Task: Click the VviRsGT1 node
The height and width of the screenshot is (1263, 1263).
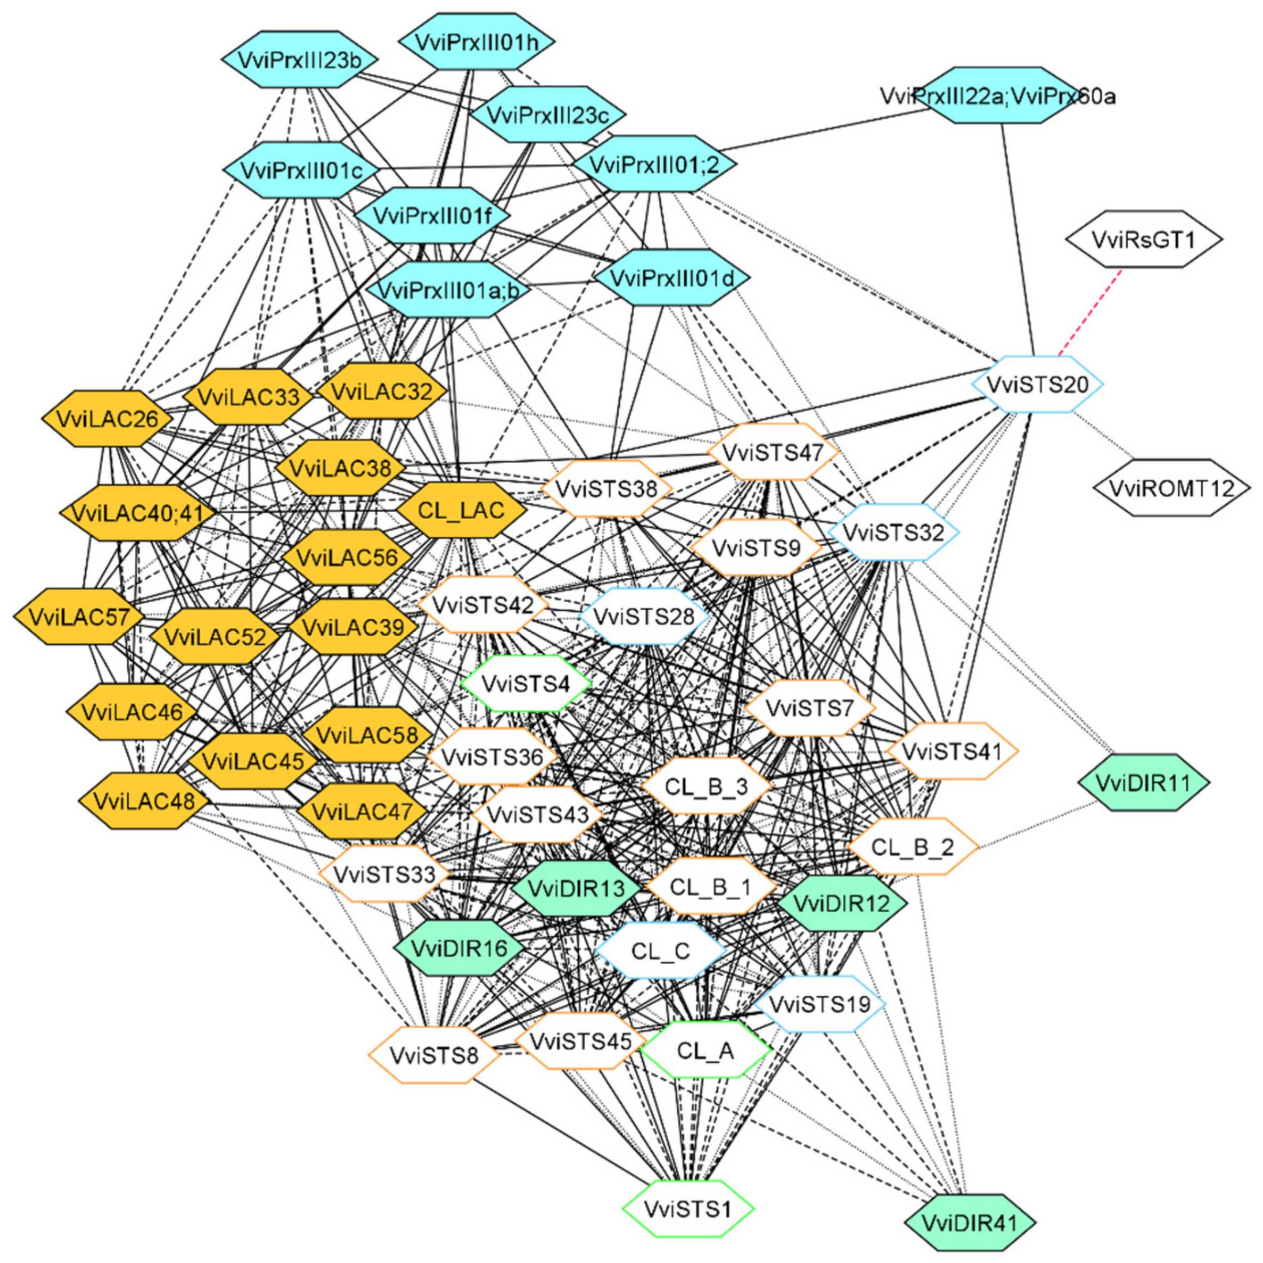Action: [x=1143, y=239]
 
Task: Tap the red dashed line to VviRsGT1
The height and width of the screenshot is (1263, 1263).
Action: [x=1090, y=313]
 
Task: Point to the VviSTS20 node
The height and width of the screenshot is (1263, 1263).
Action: [x=1037, y=384]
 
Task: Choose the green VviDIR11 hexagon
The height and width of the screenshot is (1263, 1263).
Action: [x=1143, y=783]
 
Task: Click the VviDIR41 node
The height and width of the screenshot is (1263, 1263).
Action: [x=970, y=1222]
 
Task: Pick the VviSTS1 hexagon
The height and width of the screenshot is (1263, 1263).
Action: [x=688, y=1209]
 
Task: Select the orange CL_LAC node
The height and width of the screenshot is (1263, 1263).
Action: [x=461, y=510]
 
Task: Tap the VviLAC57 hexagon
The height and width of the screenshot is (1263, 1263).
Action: [x=79, y=617]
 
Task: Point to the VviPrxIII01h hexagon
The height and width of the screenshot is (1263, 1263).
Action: [x=476, y=41]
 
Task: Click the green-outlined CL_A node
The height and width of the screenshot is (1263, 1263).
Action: [x=706, y=1051]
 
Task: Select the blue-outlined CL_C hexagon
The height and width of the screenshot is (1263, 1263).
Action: [x=661, y=951]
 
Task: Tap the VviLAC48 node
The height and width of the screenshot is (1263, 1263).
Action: [x=144, y=801]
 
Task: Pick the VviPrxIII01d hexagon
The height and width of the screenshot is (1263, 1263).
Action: [x=672, y=278]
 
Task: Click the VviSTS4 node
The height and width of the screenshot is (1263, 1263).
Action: [x=526, y=684]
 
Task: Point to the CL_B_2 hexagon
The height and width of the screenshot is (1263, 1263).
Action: [x=913, y=847]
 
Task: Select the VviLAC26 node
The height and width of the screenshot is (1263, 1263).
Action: [x=107, y=419]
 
